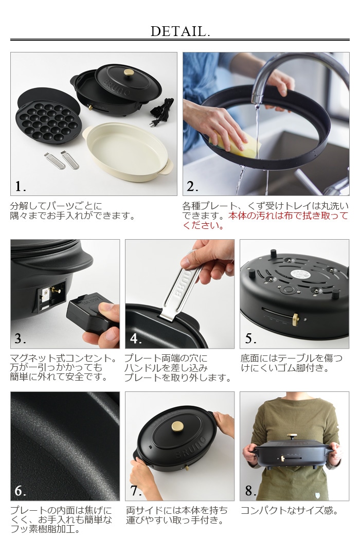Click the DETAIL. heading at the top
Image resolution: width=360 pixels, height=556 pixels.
pyautogui.click(x=180, y=31)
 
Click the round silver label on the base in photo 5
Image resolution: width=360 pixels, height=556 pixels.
pyautogui.click(x=299, y=274)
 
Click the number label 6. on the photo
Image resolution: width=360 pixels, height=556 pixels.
pyautogui.click(x=21, y=490)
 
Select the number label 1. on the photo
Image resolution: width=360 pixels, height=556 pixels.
pyautogui.click(x=21, y=186)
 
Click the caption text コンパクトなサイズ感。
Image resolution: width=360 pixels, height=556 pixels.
pyautogui.click(x=290, y=511)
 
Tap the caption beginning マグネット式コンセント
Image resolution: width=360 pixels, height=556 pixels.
pyautogui.click(x=64, y=367)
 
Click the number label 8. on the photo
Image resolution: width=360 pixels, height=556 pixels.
pyautogui.click(x=250, y=490)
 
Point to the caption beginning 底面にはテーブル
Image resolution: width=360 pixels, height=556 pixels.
pyautogui.click(x=292, y=363)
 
